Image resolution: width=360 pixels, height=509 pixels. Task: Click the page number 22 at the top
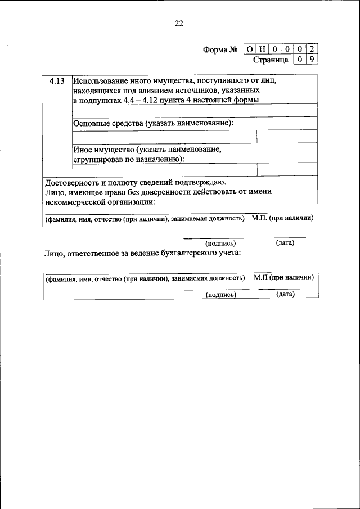[x=179, y=24]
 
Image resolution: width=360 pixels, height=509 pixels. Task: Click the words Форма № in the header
[x=220, y=49]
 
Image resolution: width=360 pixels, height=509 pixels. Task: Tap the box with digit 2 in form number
[x=311, y=49]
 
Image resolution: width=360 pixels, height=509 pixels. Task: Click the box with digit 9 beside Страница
[x=311, y=59]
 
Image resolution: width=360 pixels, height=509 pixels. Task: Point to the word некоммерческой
[x=76, y=202]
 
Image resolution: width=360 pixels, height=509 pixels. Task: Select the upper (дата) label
[x=285, y=243]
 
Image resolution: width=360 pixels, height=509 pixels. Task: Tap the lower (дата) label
[x=286, y=294]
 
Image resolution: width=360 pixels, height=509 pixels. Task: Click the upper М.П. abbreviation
[x=260, y=218]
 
